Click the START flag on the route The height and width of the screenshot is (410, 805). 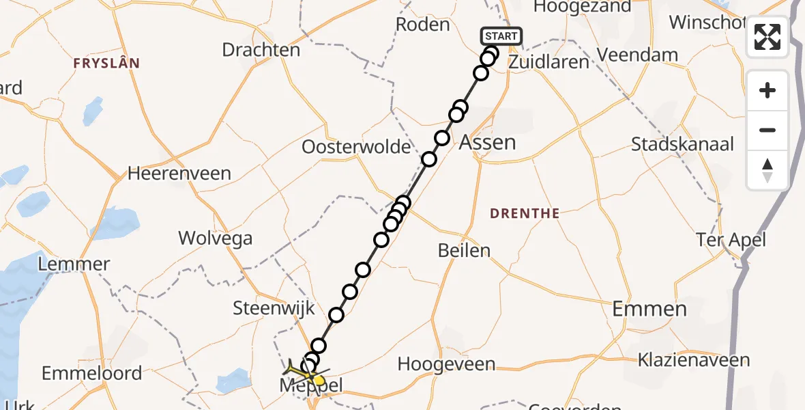click(x=501, y=36)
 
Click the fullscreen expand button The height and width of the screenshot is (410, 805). click(x=767, y=37)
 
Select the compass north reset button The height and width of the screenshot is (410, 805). click(x=767, y=170)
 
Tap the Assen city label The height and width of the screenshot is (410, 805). click(x=487, y=142)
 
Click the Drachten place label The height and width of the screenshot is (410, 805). click(x=261, y=50)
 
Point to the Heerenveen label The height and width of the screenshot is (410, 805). click(x=179, y=174)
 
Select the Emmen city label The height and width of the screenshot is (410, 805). click(x=649, y=309)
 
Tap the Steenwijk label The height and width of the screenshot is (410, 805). click(x=274, y=307)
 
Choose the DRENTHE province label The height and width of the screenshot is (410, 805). click(x=525, y=214)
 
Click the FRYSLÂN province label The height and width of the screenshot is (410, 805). click(x=107, y=64)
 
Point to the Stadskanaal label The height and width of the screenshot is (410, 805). click(x=682, y=144)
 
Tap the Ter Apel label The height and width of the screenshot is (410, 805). click(x=731, y=240)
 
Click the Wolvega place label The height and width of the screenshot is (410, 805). click(x=215, y=238)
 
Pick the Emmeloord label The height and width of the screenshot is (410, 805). click(x=91, y=373)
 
